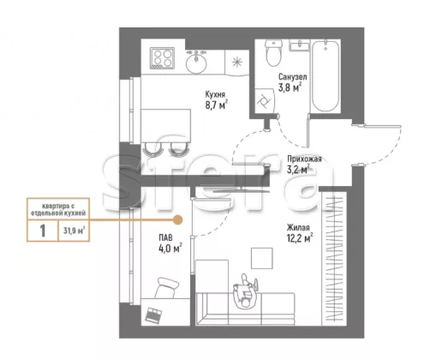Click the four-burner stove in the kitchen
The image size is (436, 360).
pos(162,58)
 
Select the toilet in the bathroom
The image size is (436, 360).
pos(273,53)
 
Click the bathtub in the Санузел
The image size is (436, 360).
pos(326,75)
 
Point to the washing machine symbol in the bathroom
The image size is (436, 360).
pos(264,100)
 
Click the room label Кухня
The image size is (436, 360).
pos(215,94)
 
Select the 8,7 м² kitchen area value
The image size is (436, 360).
pos(217,105)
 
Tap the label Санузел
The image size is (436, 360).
pos(293,77)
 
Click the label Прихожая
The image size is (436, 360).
pos(304,159)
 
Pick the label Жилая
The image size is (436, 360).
pos(298,228)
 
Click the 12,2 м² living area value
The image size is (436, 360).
pos(300,238)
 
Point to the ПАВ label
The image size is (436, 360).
pos(166,237)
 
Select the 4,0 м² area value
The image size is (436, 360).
pos(170,248)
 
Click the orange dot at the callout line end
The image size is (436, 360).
pos(178,219)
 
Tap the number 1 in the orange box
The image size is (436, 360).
pos(43,231)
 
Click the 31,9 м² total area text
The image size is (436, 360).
pos(74,231)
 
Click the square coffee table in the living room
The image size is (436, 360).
pos(262,258)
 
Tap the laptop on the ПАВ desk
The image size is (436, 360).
pos(153,315)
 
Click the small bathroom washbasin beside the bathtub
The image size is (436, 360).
pos(300,45)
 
